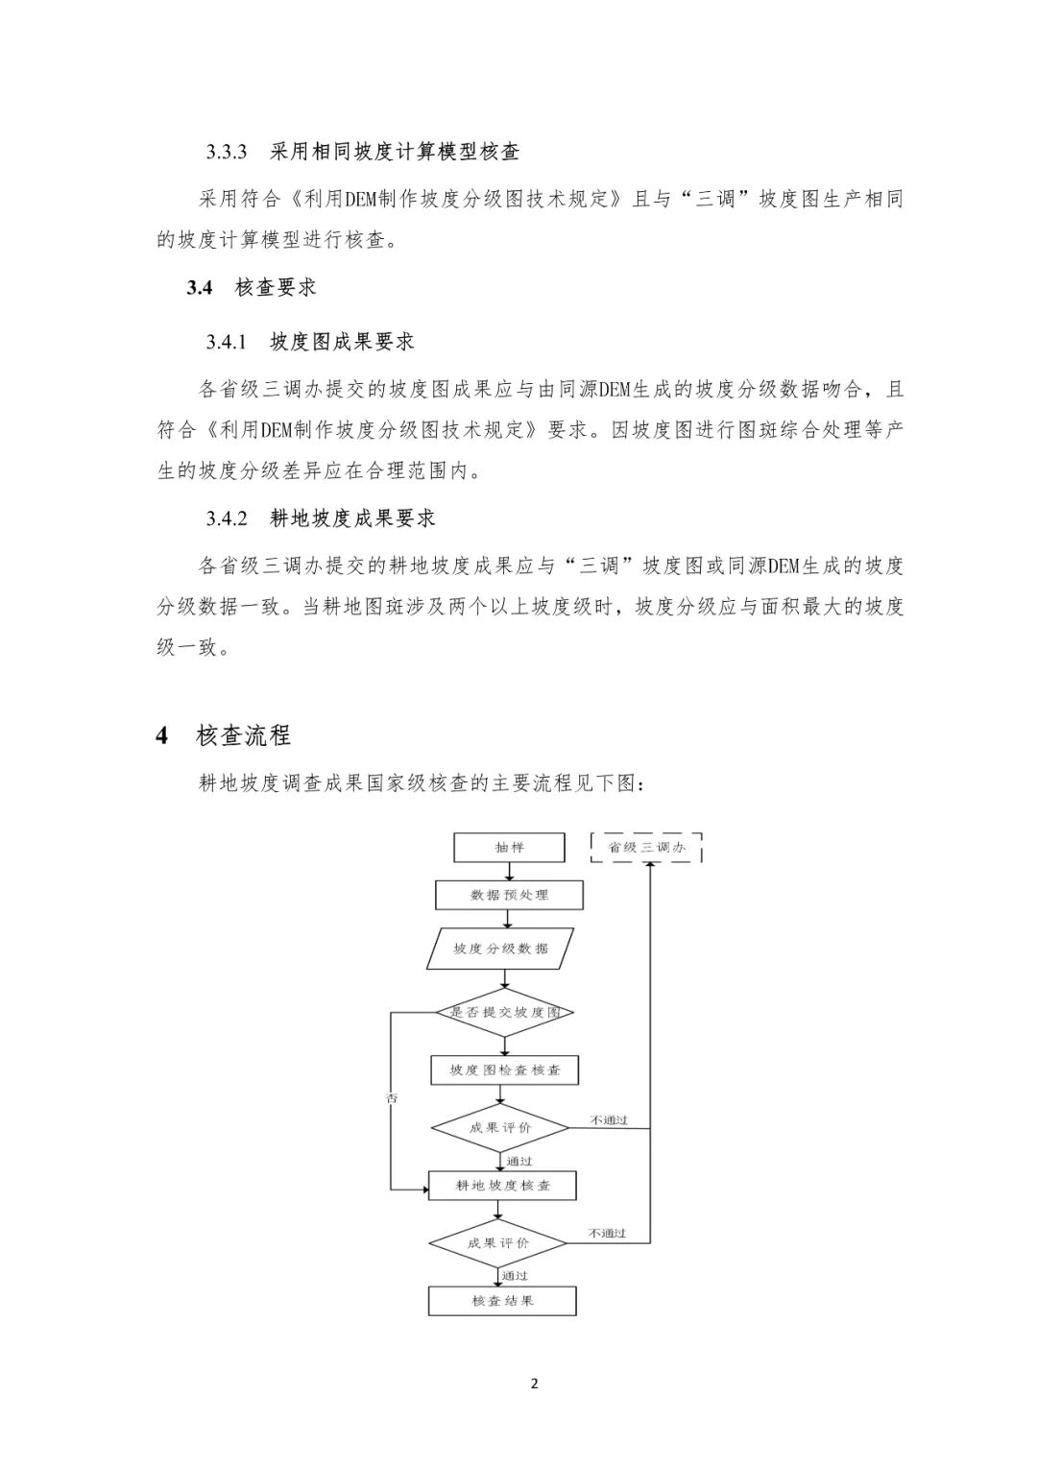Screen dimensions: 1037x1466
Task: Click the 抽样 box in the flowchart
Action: tap(510, 848)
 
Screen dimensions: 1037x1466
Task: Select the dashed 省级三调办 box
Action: tap(647, 848)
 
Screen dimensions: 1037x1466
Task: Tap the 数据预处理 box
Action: tap(509, 895)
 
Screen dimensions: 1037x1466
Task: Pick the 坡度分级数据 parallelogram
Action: tap(501, 949)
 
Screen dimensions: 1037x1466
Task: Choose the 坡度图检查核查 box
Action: tap(505, 1069)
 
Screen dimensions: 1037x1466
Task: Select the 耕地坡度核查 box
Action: tap(503, 1186)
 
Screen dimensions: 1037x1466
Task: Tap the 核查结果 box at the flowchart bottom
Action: tap(502, 1301)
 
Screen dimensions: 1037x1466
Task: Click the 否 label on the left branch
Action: tap(392, 1098)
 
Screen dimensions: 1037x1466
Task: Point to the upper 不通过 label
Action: tap(609, 1119)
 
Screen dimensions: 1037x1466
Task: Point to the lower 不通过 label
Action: tap(608, 1233)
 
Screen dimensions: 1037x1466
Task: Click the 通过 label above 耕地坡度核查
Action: tap(519, 1161)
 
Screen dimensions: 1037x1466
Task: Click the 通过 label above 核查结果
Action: tap(515, 1276)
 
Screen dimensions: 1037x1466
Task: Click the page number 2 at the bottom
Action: tap(535, 1383)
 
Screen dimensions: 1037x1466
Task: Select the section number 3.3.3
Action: tap(227, 152)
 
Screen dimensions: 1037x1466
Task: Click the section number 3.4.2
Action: tap(227, 518)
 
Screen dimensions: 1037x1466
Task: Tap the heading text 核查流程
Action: tap(243, 736)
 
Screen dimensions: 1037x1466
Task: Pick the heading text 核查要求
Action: tap(276, 287)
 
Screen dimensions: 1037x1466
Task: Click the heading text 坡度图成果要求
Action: tap(342, 342)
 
